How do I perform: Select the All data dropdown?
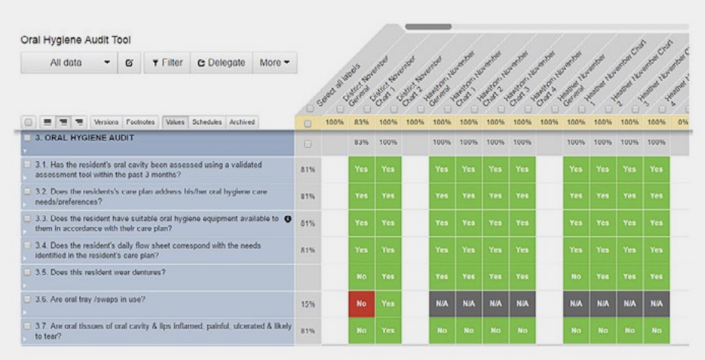[68, 63]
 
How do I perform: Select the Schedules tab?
[207, 121]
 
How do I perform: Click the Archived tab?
[241, 121]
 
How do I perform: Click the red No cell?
[362, 303]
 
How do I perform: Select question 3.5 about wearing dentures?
[95, 272]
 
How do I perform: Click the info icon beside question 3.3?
[288, 219]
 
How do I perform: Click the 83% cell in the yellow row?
[362, 122]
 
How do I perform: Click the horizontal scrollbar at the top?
[428, 27]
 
